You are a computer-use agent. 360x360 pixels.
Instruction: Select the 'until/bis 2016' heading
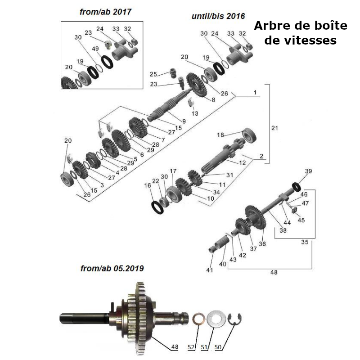pos(218,16)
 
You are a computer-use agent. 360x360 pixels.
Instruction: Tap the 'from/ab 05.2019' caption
pos(112,269)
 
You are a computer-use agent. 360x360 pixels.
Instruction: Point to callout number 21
pos(275,128)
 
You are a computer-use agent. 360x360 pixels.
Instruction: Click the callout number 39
pos(308,171)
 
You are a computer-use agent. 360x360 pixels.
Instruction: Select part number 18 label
pos(220,135)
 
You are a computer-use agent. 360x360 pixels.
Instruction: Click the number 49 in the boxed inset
pos(95,49)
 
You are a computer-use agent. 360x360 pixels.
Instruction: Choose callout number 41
pos(210,270)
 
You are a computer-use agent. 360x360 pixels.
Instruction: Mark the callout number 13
pos(194,114)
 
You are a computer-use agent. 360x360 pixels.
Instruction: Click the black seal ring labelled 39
pos(297,185)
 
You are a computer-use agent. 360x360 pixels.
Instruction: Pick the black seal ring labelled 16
pos(157,207)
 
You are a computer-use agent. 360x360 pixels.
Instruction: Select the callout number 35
pos(305,242)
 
